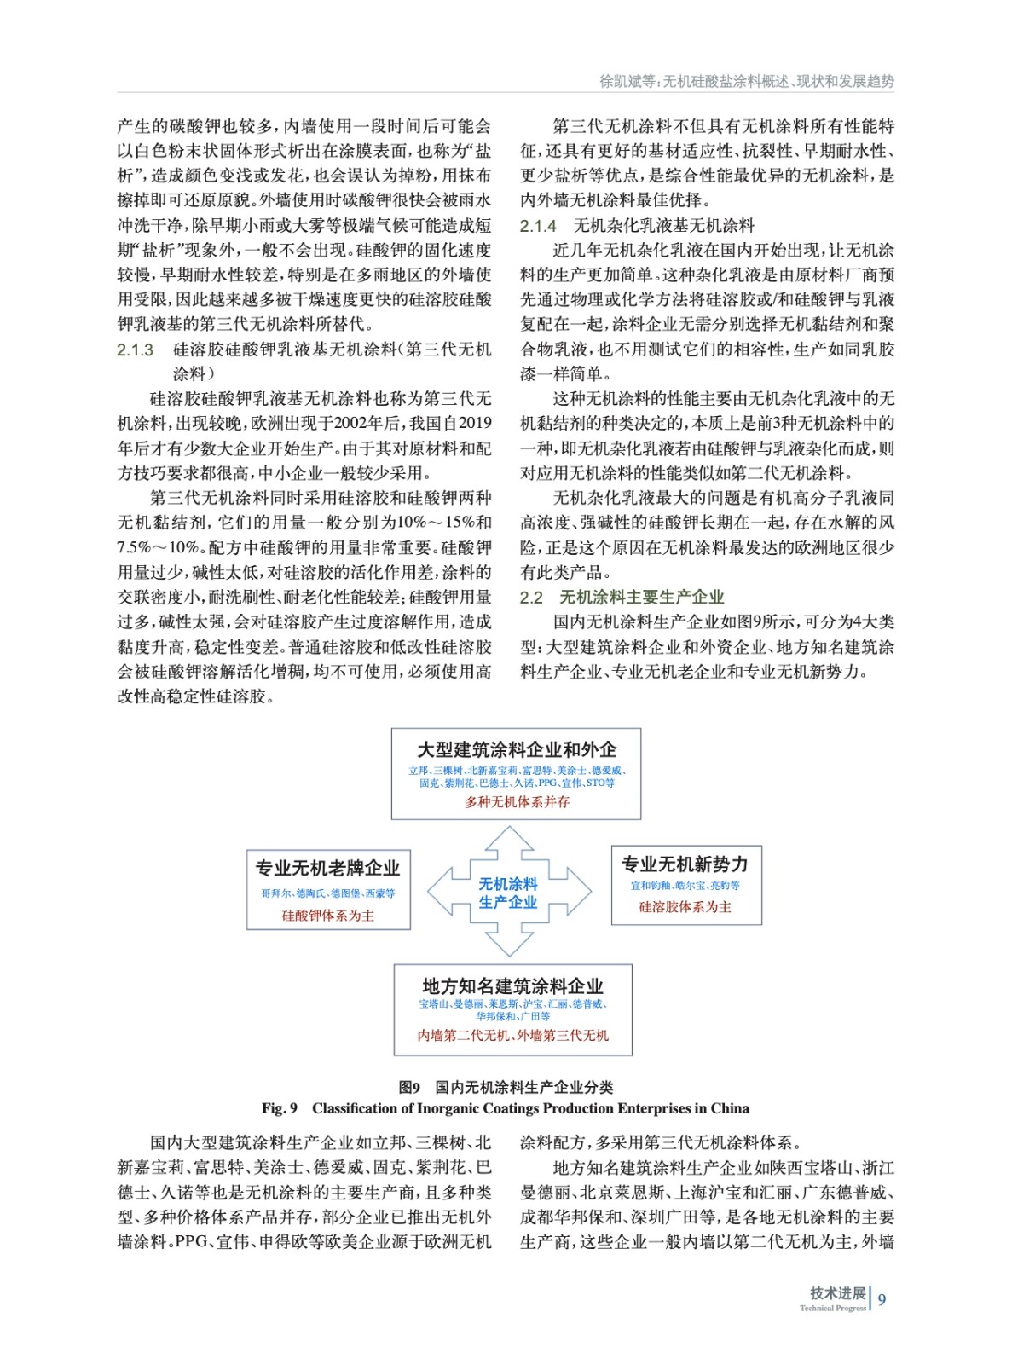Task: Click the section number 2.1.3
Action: click(x=136, y=350)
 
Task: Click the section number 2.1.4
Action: click(x=538, y=226)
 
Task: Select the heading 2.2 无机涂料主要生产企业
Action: click(x=622, y=597)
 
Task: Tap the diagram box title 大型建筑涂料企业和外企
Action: click(x=517, y=749)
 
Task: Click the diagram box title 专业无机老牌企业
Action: click(x=328, y=868)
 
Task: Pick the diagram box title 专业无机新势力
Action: click(x=685, y=864)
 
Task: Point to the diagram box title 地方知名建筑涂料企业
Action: click(x=512, y=985)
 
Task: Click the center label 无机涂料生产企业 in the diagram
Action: click(x=508, y=893)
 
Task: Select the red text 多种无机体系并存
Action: click(x=517, y=802)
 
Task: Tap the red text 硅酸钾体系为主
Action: click(x=328, y=916)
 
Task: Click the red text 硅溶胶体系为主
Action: click(x=685, y=907)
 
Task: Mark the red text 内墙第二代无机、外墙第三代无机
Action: click(x=512, y=1036)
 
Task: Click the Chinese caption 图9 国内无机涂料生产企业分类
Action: click(x=506, y=1087)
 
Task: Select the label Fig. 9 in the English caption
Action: click(x=280, y=1108)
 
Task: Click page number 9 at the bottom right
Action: click(x=882, y=1299)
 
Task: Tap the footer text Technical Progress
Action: click(x=832, y=1309)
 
